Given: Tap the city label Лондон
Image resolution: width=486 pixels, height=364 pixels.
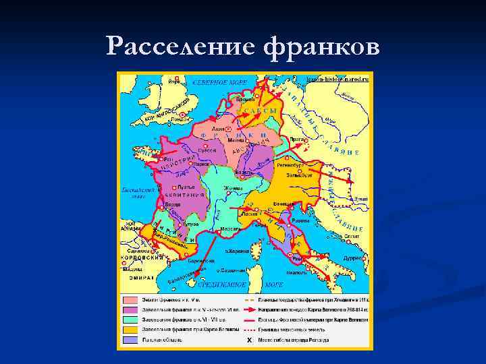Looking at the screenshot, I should (180, 119).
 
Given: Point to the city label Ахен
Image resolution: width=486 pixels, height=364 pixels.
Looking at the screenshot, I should (219, 127).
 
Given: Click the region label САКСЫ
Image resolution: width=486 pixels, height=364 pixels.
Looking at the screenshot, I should (259, 111).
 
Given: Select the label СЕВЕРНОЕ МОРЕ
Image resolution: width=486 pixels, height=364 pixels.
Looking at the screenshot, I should (220, 82).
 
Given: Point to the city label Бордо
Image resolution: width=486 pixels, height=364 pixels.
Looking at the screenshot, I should (173, 203).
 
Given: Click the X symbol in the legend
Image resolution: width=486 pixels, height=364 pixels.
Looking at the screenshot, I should (249, 340).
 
